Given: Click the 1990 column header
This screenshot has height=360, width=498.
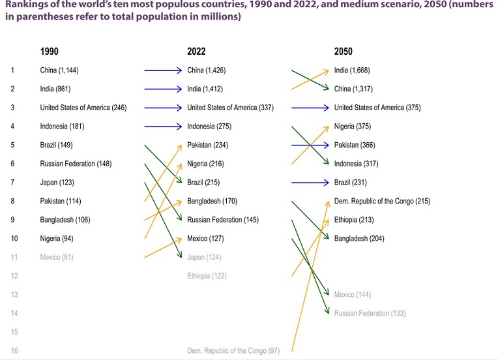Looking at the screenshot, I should click(50, 51).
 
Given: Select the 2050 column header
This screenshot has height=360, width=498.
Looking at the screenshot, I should click(344, 51).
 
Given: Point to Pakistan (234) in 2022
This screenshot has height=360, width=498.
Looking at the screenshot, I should click(207, 145).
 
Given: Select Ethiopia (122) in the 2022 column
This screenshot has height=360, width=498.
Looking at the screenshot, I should click(207, 276).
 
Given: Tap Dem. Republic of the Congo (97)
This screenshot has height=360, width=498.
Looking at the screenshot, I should click(233, 351).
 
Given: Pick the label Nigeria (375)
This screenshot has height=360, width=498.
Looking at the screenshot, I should click(355, 127).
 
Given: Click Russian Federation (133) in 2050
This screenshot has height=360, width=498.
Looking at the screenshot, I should click(370, 314).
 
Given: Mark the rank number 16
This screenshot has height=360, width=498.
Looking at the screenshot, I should click(14, 351).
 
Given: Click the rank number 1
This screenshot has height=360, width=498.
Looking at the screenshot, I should click(12, 70).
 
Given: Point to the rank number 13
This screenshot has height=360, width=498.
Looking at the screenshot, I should click(14, 295).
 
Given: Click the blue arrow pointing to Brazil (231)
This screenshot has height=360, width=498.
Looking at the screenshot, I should click(310, 183).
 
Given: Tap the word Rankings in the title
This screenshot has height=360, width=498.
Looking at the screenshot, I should click(23, 7).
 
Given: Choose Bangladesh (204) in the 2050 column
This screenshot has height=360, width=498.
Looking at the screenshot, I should click(359, 239).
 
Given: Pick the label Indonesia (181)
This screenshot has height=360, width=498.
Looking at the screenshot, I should click(62, 127).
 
